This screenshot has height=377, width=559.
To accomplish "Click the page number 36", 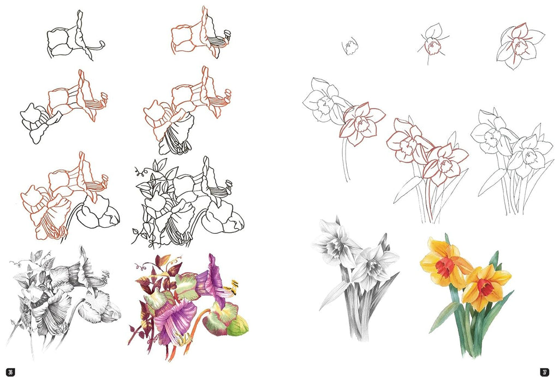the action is pyautogui.click(x=11, y=372).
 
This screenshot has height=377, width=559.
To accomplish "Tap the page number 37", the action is pyautogui.click(x=544, y=372).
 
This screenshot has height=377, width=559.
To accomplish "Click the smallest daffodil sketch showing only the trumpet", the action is pyautogui.click(x=350, y=46).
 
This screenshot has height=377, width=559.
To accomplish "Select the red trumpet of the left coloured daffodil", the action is pyautogui.click(x=444, y=268).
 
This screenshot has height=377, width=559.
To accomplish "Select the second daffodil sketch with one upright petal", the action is pyautogui.click(x=432, y=43).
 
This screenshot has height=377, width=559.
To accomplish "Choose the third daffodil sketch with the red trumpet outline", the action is pyautogui.click(x=520, y=45).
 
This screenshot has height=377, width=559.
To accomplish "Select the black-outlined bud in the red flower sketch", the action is pyautogui.click(x=98, y=211).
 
